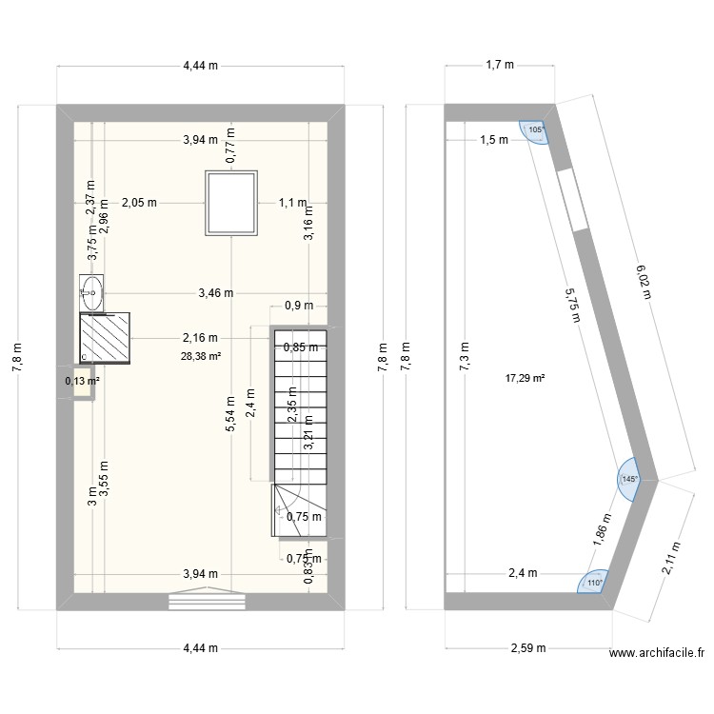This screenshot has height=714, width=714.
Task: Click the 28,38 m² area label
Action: click(200, 357)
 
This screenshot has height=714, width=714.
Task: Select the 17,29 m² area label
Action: click(525, 378)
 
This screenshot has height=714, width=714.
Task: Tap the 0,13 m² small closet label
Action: click(82, 382)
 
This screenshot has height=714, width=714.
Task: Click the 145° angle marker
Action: click(628, 481)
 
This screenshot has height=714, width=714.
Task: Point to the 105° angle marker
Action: click(535, 130)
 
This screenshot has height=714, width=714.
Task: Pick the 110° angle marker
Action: click(594, 584)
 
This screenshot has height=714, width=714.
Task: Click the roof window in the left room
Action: click(233, 202)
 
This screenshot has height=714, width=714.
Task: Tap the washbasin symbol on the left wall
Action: click(92, 290)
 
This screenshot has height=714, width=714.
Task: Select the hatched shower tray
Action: click(105, 338)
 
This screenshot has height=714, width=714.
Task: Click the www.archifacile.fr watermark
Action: click(658, 653)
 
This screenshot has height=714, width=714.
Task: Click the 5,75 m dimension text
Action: click(571, 307)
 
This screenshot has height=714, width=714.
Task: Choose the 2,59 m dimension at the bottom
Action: click(525, 649)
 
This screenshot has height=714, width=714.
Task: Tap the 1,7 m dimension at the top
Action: click(499, 66)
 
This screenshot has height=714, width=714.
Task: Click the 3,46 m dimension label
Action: click(216, 293)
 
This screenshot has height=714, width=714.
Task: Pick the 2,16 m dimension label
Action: click(201, 337)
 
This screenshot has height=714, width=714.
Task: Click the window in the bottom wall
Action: click(207, 600)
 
